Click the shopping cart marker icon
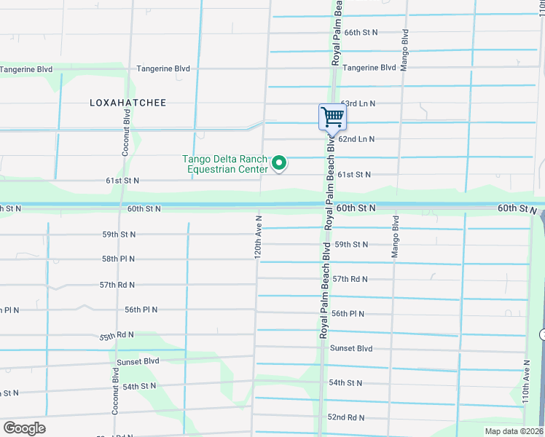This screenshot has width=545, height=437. point(332,117)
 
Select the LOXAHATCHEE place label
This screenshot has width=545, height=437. point(128,103)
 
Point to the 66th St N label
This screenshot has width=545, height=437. point(361,33)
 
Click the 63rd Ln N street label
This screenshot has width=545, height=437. point(358,104)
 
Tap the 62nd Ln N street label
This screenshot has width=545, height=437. point(356,138)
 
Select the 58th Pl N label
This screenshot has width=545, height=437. point(118,259)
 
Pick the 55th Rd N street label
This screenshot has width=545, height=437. point(117,335)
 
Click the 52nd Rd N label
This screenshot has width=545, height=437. point(346,417)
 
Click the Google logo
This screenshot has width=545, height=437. point(24,428)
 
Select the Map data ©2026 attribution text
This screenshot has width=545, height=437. point(514,431)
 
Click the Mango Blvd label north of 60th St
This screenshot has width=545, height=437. point(404,50)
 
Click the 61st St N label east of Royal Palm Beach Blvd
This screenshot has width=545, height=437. point(353,174)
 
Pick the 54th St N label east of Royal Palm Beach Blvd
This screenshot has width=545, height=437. point(345,382)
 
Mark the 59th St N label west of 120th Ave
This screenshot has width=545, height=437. point(118,235)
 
